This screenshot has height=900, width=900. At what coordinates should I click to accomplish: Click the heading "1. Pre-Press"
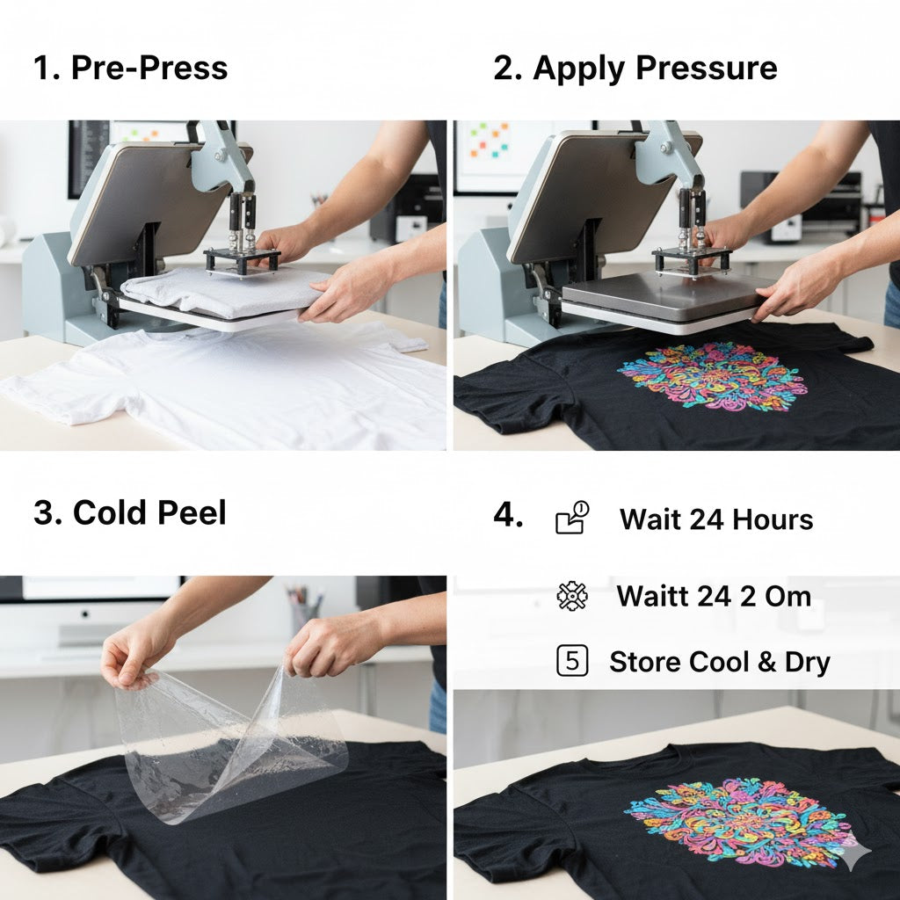click(x=130, y=68)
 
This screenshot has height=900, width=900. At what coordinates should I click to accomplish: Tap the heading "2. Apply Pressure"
click(x=635, y=69)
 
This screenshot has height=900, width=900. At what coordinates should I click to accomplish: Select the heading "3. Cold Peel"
click(x=130, y=512)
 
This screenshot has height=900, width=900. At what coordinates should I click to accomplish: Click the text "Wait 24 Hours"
click(x=716, y=519)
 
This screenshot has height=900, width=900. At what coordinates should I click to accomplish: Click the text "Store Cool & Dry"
click(x=720, y=662)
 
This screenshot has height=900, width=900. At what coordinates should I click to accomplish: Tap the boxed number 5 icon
click(x=572, y=661)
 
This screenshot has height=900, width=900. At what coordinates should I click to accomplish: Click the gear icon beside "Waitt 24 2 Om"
click(x=572, y=596)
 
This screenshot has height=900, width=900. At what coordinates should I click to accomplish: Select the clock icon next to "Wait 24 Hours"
click(x=572, y=517)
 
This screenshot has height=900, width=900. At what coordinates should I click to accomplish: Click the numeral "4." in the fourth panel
click(x=508, y=515)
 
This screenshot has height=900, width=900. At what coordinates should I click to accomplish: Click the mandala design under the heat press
click(x=712, y=375)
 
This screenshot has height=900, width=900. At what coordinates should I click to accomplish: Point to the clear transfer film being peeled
click(x=229, y=740)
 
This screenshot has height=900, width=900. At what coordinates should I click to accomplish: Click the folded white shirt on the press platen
click(x=221, y=292)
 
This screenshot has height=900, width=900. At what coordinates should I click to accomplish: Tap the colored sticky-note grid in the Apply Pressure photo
click(x=489, y=139)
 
